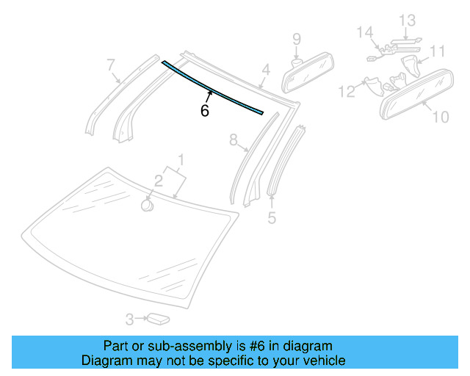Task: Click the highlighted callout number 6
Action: click(205, 111)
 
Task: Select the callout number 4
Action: click(266, 70)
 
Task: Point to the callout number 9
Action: click(297, 38)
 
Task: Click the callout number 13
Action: click(408, 20)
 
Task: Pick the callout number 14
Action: click(365, 32)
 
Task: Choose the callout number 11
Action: click(438, 51)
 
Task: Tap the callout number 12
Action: click(346, 90)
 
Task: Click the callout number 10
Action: click(440, 116)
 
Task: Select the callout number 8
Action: click(234, 141)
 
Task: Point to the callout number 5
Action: click(272, 217)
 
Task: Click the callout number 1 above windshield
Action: click(181, 159)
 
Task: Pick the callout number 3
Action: click(129, 319)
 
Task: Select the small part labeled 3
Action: click(159, 318)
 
